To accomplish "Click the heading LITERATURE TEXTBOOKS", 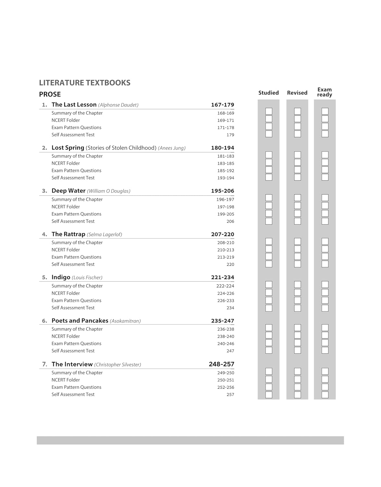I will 84,83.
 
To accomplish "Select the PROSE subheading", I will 50,94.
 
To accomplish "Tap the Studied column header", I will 268,93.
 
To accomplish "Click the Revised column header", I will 297,93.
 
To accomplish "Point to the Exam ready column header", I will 325,92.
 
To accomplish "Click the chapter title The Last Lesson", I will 74,105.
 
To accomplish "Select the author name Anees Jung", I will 172,148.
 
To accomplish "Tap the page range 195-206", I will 222,191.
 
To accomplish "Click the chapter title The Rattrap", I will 68,234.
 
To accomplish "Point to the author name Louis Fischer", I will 87,278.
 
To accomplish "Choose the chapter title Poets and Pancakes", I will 80,321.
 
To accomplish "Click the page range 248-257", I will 221,364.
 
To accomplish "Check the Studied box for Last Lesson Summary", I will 269,111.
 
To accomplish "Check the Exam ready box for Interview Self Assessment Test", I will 325,395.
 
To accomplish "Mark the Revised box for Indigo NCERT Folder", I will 297,293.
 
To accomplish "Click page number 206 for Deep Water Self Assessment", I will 230,221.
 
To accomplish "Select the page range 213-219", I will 226,257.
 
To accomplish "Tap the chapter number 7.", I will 44,364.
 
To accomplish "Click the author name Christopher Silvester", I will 117,365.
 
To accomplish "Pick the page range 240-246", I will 226,343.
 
